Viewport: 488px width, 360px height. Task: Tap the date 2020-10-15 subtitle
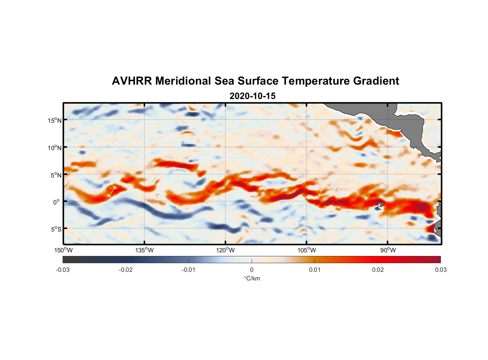[252, 96]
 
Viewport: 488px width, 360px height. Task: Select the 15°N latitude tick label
[54, 120]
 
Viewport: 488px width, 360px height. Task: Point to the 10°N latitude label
[54, 148]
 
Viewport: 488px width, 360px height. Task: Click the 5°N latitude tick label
[56, 175]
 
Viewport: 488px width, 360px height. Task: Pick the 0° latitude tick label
[57, 202]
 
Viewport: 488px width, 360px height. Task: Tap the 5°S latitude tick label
[56, 229]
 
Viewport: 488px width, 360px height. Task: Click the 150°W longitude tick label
[63, 250]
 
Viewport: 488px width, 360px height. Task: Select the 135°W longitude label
[144, 250]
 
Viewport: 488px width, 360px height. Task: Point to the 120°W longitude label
[225, 250]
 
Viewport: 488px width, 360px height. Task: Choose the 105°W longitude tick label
[307, 250]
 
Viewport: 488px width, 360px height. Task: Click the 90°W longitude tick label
[388, 250]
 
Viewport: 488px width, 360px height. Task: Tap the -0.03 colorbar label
[63, 270]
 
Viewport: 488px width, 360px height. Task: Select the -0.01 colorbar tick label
[188, 270]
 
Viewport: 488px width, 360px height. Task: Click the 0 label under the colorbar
[252, 270]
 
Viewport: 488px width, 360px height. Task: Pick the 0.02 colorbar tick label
[378, 270]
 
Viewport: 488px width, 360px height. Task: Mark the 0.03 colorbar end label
[440, 270]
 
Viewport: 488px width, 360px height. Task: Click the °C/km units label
[252, 278]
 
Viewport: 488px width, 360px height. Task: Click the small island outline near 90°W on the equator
[380, 204]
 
